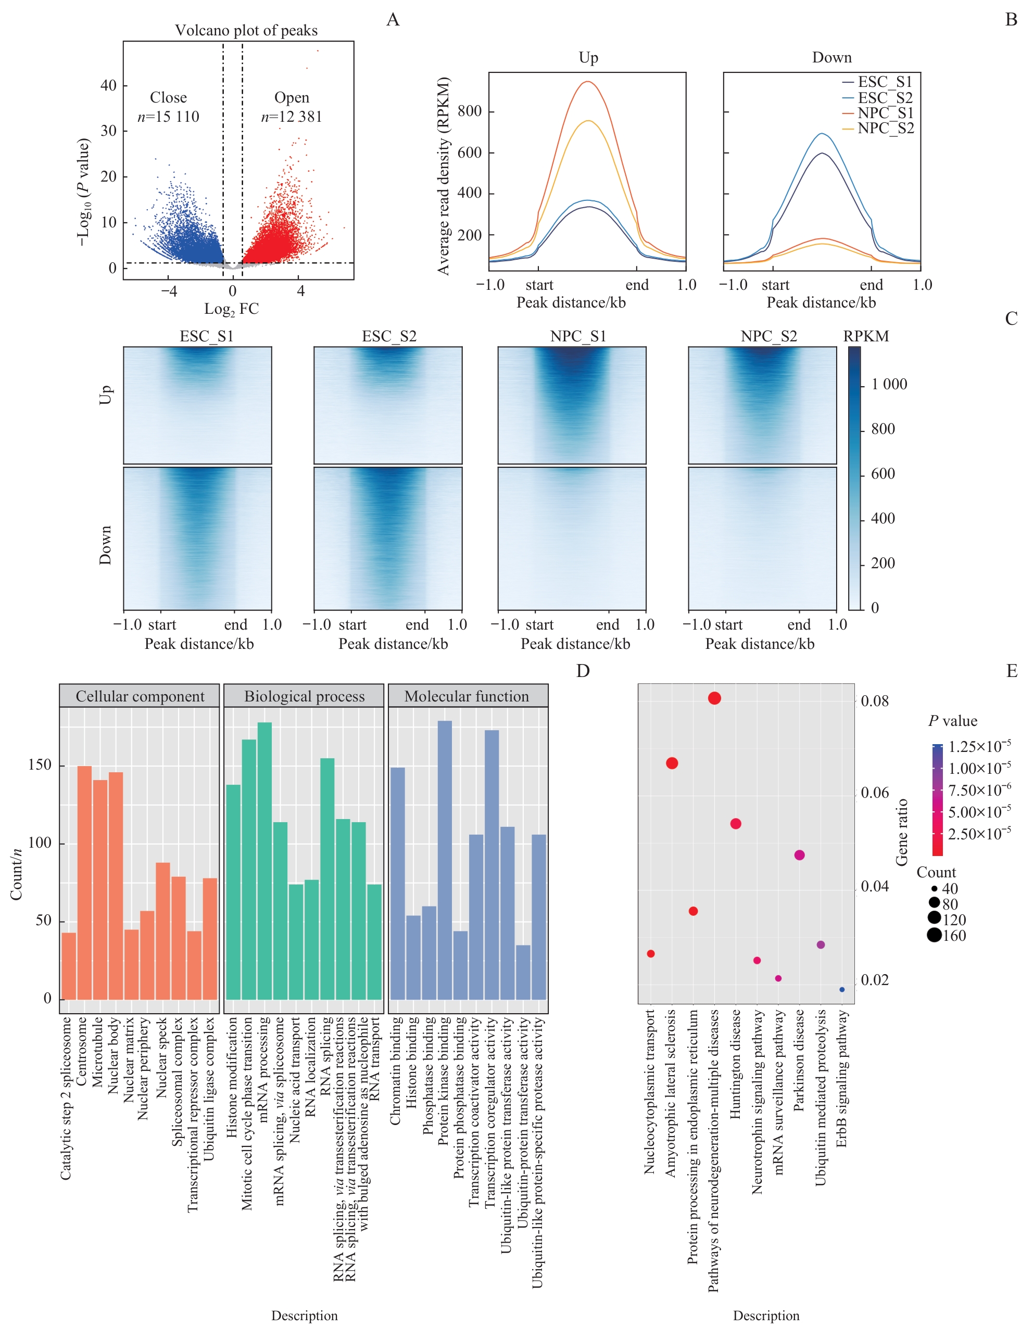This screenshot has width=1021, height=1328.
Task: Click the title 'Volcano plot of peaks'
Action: (x=246, y=30)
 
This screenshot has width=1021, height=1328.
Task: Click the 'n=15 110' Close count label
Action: (x=168, y=117)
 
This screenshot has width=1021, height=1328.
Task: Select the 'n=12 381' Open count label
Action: (x=292, y=117)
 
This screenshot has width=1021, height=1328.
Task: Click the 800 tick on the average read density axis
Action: (x=469, y=111)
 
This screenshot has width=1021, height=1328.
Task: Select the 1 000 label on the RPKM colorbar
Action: (x=889, y=385)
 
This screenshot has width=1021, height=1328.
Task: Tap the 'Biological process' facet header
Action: (x=304, y=696)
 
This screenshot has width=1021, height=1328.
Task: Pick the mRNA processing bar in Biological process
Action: (x=264, y=860)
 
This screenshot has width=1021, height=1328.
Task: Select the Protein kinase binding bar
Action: (x=445, y=860)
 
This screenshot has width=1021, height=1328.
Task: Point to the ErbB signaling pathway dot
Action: (x=842, y=990)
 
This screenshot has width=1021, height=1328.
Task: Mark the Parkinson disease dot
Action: (x=799, y=855)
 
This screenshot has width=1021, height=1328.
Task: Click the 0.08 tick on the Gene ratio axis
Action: (x=875, y=701)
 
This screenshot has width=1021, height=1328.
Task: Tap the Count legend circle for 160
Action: (x=934, y=936)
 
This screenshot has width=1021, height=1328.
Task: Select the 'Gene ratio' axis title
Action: (x=902, y=832)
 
